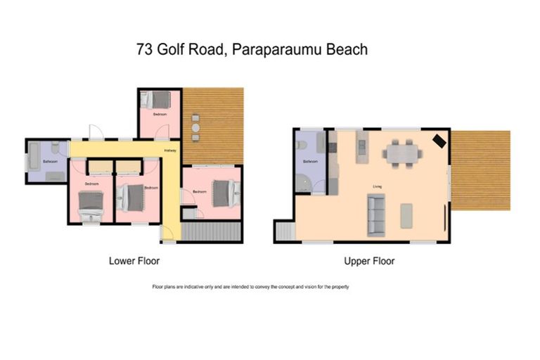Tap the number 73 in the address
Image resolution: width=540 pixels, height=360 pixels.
(x=145, y=50)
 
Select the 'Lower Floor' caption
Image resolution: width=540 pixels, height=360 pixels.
(x=134, y=261)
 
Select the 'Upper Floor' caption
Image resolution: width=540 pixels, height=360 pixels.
(x=369, y=261)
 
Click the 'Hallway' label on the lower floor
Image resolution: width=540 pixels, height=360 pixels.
(x=170, y=150)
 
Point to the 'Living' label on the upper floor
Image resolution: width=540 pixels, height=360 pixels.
(x=377, y=186)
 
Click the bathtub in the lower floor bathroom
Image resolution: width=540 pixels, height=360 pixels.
(x=33, y=155)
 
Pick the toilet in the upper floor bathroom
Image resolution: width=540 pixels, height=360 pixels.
(x=302, y=144)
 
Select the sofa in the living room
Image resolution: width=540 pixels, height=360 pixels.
(x=376, y=215)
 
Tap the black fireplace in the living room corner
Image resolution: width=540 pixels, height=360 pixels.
(x=439, y=141)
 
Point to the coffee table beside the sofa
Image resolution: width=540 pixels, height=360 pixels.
(x=406, y=215)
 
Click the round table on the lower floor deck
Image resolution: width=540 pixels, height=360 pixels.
(x=195, y=129)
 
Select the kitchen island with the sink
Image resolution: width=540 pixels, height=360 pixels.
(x=361, y=147)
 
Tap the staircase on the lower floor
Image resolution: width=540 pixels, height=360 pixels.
(x=210, y=231)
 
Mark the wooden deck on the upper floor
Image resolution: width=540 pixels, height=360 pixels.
(x=480, y=170)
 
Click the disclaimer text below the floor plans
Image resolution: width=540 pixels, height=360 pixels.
(x=250, y=287)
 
